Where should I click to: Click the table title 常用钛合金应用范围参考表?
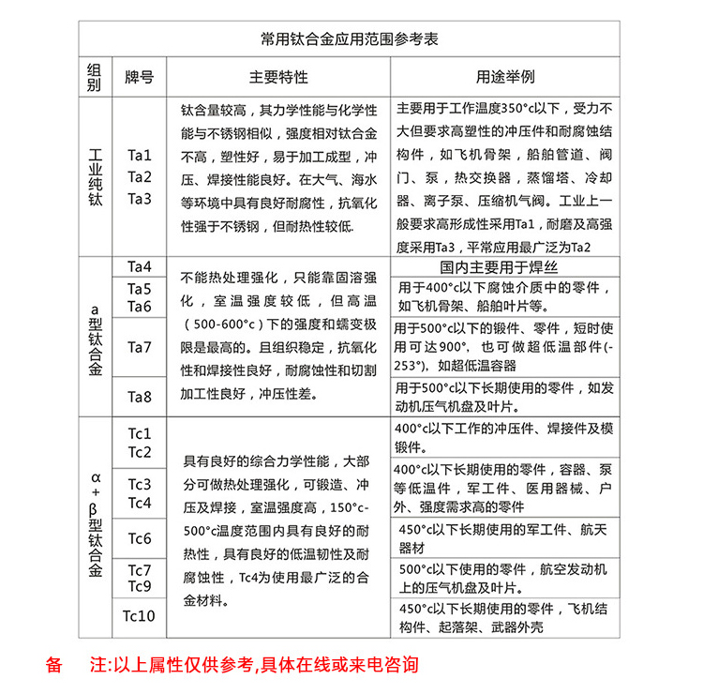point(349,40)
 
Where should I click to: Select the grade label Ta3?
point(139,197)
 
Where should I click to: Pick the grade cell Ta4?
point(139,266)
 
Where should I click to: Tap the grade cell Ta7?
point(139,347)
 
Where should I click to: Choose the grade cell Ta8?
point(139,397)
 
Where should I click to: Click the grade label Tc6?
point(139,538)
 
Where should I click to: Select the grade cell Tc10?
point(139,616)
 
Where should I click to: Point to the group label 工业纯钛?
point(94,174)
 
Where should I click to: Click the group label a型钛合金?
point(94,337)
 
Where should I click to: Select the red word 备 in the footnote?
point(53,665)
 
